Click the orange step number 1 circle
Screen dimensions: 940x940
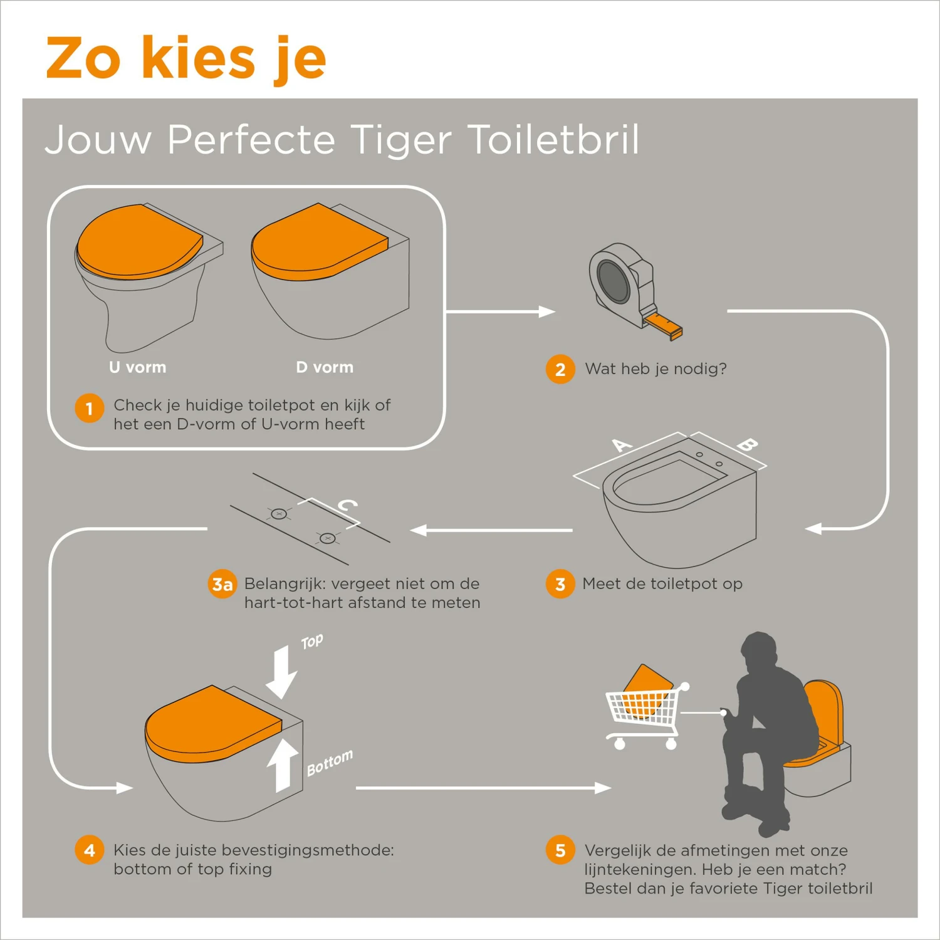pos(90,409)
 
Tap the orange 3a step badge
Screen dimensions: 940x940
pos(222,584)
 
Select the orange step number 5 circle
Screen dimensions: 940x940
pos(560,850)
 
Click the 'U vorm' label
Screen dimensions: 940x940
pos(137,367)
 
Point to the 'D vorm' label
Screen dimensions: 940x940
pos(325,367)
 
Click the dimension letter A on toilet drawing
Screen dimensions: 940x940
pos(622,446)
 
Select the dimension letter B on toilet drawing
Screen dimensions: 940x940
pos(747,445)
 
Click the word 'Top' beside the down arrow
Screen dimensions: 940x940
pos(311,642)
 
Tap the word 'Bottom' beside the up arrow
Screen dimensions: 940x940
pos(330,763)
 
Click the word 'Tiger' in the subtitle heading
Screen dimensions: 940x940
pos(400,139)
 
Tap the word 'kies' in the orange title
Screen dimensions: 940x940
pos(198,58)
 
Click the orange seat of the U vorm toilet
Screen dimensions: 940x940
pos(138,241)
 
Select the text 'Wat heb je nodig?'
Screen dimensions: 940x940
pos(655,368)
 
